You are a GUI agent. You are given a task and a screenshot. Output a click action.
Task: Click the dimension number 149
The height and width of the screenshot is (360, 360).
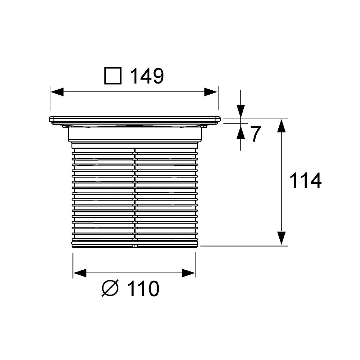[147, 76]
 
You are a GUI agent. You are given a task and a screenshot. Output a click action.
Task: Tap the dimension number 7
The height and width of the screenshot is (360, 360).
[255, 134]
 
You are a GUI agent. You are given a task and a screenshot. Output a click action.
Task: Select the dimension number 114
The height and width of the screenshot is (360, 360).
[305, 181]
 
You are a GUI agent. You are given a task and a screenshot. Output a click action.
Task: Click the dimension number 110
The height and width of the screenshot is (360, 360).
[143, 289]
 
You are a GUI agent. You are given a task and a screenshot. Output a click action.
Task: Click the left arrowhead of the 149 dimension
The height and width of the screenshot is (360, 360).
[57, 92]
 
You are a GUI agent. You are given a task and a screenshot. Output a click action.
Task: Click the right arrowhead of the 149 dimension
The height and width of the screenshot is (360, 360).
[211, 92]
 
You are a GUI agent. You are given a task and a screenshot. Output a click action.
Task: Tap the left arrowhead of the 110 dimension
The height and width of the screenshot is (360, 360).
[80, 273]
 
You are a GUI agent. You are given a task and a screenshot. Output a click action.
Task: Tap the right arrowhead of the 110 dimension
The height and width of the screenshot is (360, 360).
[189, 273]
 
